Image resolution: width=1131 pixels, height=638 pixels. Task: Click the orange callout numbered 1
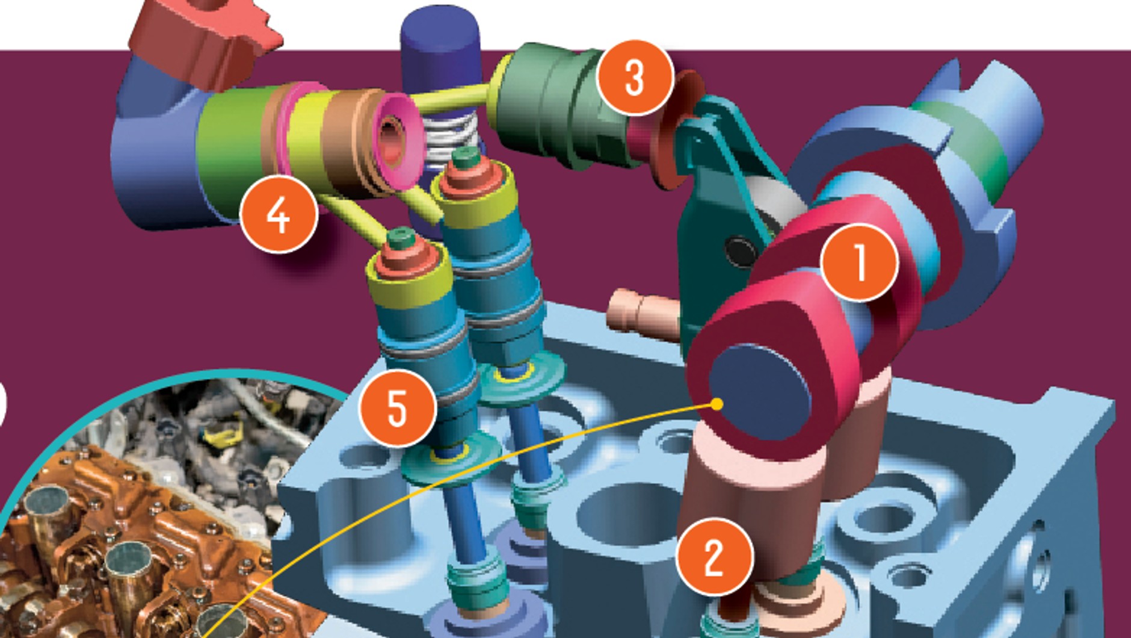tap(859, 262)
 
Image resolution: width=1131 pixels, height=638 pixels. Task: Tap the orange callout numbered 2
tap(714, 557)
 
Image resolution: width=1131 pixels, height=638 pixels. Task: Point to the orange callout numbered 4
tap(279, 214)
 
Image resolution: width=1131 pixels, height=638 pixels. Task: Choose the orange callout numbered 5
tap(397, 407)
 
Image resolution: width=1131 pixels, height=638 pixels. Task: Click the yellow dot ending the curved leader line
tap(716, 404)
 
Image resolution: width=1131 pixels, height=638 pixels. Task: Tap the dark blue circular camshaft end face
tap(759, 393)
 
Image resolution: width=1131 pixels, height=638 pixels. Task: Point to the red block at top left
tap(202, 39)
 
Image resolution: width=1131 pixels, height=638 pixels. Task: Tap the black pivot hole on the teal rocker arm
tap(741, 250)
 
